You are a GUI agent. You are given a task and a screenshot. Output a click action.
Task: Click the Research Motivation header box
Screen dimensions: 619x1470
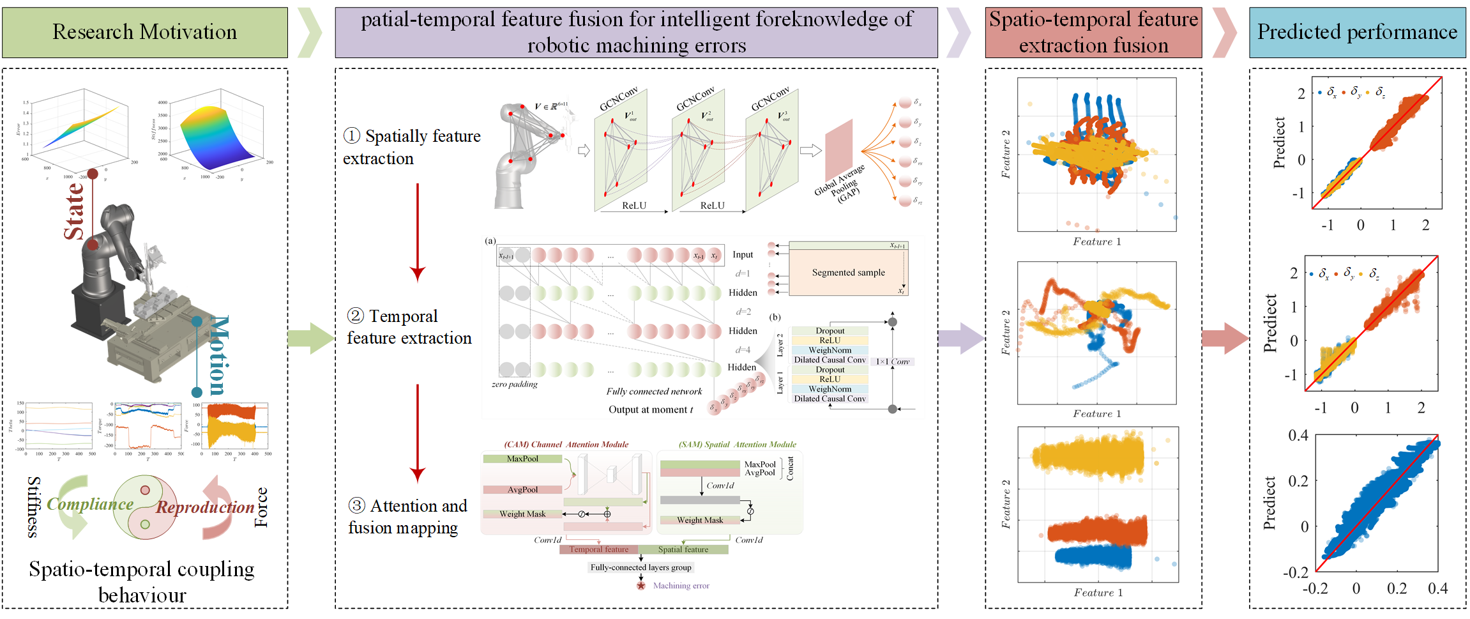[145, 32]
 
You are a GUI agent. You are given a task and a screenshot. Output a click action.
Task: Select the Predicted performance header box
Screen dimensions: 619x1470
[1357, 32]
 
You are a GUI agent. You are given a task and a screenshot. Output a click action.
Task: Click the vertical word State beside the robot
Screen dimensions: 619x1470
[74, 211]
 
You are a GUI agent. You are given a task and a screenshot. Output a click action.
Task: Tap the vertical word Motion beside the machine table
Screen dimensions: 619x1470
[218, 355]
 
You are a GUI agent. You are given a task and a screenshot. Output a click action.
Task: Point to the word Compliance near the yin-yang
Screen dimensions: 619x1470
[90, 504]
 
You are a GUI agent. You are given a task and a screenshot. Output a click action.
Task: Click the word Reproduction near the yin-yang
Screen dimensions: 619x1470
[205, 507]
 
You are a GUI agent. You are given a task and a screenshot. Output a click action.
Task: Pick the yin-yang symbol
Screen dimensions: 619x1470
[146, 508]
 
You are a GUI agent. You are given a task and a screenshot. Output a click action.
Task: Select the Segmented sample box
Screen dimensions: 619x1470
[848, 272]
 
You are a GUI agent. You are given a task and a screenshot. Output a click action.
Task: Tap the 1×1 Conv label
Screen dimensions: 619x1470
[892, 362]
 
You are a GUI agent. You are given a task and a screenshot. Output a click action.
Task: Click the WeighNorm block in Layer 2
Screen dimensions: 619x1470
[830, 350]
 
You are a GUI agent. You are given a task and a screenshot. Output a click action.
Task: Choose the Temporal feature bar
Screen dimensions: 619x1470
[598, 549]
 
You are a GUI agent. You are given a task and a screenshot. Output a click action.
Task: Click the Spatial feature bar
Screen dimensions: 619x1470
[683, 549]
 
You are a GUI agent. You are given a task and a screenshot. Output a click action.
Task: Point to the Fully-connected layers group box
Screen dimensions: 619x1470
[640, 567]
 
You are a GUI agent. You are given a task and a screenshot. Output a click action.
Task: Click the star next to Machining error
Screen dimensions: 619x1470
[641, 585]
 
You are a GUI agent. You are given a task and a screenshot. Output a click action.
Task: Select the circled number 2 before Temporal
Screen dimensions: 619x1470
[355, 316]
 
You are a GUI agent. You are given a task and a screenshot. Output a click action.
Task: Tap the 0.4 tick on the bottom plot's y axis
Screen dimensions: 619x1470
[1298, 436]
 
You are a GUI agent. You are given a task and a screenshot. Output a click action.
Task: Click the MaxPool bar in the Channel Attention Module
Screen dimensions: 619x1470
[522, 459]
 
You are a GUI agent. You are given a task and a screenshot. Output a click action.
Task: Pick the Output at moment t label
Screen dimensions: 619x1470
[650, 409]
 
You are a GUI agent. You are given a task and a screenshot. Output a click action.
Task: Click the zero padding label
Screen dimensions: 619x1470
[514, 385]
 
